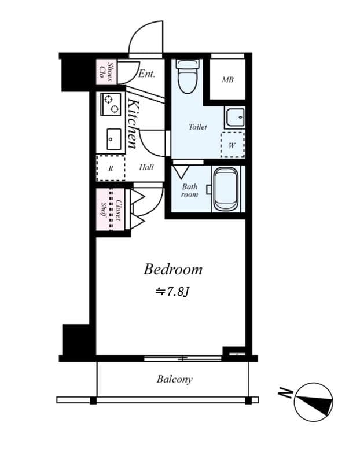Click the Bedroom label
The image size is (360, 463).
point(173,269)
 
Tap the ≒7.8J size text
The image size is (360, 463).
point(172,291)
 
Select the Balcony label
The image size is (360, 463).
point(174,380)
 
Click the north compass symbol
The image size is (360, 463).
point(313,402)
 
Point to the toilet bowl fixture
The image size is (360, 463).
point(187,76)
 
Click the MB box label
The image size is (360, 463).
point(228,79)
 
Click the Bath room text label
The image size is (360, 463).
point(190,190)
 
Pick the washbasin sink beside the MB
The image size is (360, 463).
point(234,117)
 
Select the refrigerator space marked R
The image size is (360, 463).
point(111,168)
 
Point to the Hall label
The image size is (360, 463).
point(146,168)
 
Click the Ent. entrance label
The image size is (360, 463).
point(147,74)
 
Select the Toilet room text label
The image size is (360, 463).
point(198,126)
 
